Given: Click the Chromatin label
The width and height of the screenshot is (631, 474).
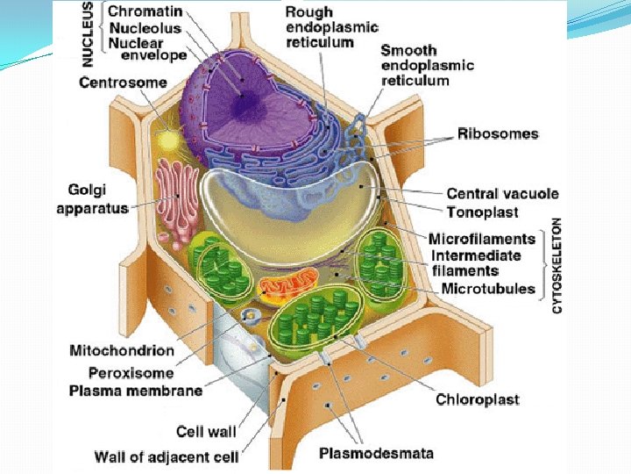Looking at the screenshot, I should (144, 12).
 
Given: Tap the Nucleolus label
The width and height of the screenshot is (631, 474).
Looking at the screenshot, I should (145, 27).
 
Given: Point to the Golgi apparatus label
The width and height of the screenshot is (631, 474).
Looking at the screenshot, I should (92, 198).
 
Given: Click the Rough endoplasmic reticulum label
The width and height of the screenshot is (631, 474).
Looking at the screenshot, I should (320, 27).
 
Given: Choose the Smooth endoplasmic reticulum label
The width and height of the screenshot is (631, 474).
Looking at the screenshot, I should (427, 65).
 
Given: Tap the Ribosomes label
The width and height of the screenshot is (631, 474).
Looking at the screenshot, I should (498, 134).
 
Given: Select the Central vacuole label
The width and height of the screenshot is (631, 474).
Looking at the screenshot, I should (502, 194).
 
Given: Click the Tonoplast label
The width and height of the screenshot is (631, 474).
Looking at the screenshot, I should (482, 212).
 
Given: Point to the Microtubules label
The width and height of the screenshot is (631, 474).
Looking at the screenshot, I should (487, 288).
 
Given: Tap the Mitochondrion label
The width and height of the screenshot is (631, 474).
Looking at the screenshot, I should (122, 350).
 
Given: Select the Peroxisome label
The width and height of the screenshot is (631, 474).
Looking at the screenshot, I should (131, 371).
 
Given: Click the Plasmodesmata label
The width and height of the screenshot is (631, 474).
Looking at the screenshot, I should (376, 454).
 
